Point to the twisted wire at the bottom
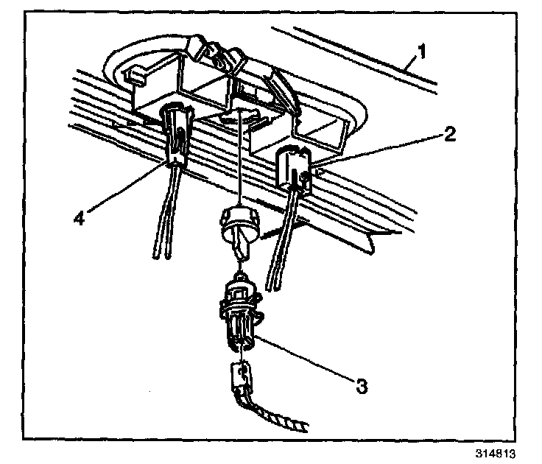(281, 420)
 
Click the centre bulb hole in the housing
(243, 118)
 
